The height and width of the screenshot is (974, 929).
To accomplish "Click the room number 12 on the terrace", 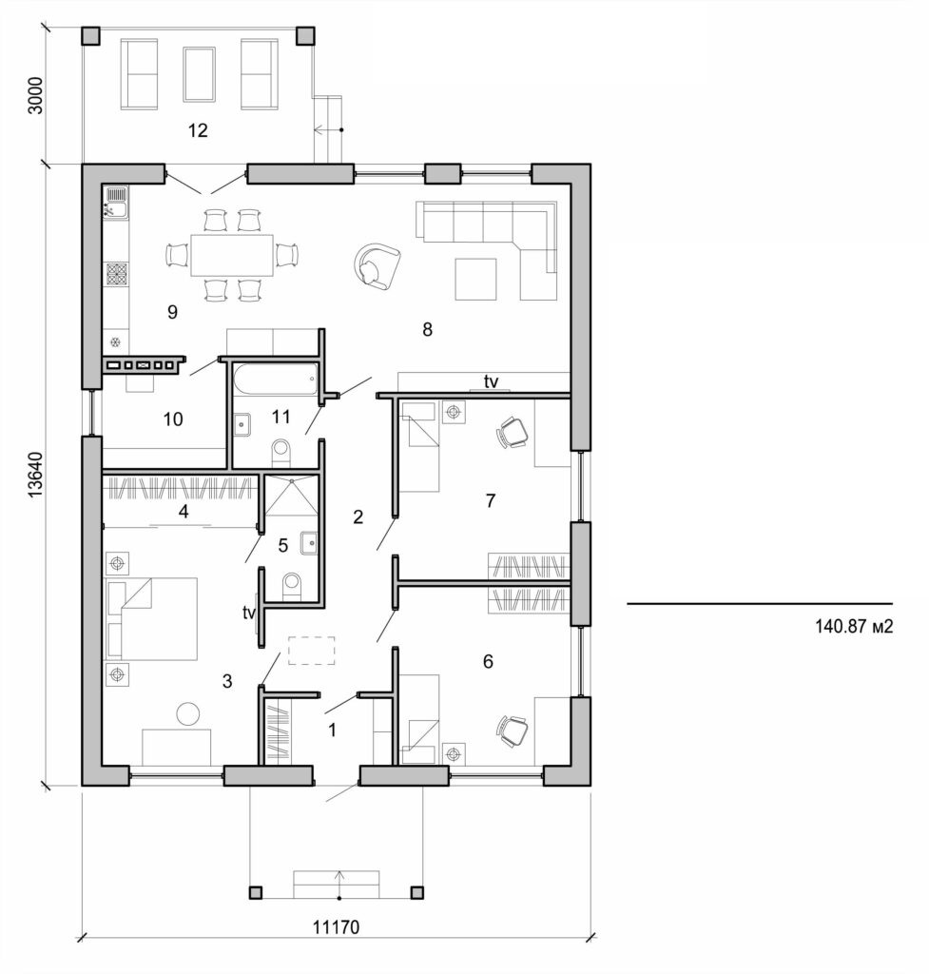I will click(198, 130).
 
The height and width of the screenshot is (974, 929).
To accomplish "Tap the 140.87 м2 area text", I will click(853, 627).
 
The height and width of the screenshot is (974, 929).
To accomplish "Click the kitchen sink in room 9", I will click(116, 202).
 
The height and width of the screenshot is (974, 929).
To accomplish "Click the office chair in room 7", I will click(513, 434).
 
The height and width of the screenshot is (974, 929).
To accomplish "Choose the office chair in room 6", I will click(513, 730).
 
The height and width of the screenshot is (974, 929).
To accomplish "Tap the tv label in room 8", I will click(491, 381).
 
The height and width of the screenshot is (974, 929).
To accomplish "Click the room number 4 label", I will click(184, 512).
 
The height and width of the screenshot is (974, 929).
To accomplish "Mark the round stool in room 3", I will click(188, 713).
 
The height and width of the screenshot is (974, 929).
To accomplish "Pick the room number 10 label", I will click(173, 418).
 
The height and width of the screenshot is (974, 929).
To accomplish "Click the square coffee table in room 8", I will click(474, 280).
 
